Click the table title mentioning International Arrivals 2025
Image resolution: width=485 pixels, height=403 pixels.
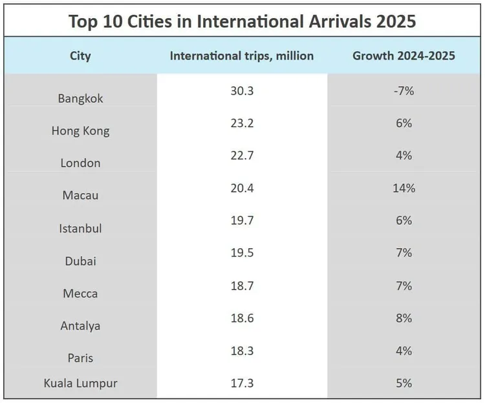[242, 21]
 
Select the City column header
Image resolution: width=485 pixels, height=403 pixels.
[80, 56]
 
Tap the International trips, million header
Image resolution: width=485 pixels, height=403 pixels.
[241, 56]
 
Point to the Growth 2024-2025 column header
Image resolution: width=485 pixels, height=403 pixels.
[404, 56]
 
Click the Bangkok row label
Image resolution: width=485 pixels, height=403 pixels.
[80, 99]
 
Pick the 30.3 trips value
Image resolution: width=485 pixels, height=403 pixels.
[241, 91]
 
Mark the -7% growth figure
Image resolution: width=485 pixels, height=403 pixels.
[404, 91]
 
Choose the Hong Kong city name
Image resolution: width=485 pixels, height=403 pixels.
[80, 131]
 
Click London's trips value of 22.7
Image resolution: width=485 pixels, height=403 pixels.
[241, 155]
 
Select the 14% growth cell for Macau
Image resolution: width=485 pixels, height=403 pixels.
[404, 188]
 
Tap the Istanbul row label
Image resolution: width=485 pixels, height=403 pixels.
[80, 228]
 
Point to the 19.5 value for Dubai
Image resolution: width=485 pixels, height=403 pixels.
[241, 253]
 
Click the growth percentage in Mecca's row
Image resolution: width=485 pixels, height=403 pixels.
[404, 285]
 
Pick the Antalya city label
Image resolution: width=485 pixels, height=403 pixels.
[80, 325]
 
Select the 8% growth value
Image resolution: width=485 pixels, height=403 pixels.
[404, 317]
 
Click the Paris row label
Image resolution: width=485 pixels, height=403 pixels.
[80, 358]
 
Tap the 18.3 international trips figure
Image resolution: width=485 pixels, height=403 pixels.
[241, 350]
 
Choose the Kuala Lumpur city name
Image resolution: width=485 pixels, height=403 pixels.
[80, 383]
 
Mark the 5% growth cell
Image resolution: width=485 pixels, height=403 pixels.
[404, 383]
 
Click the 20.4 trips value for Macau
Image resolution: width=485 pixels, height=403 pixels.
[241, 188]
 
